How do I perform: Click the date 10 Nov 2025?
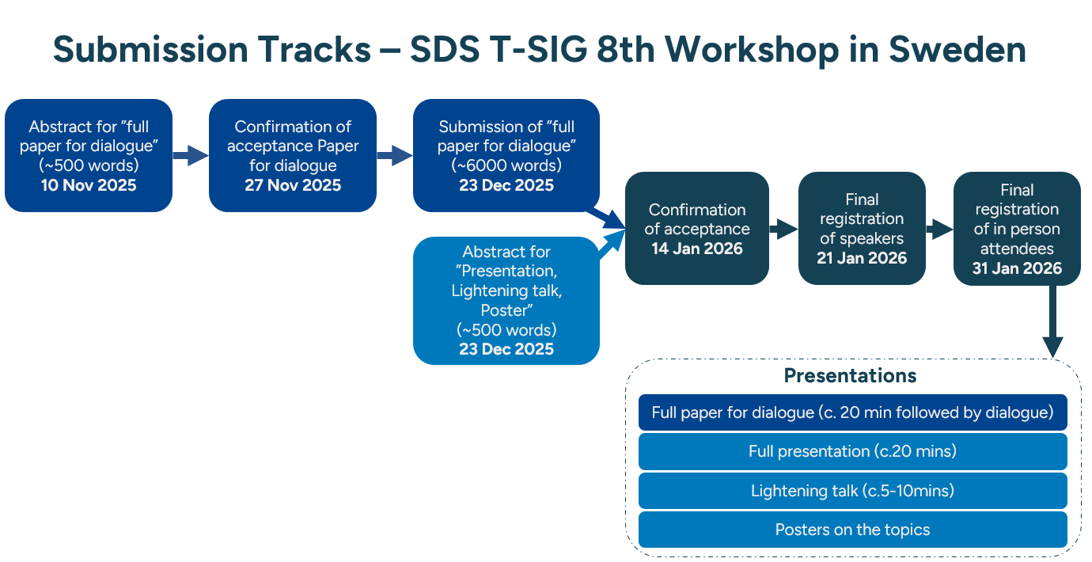[x=89, y=185]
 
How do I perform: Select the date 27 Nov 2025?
[x=293, y=185]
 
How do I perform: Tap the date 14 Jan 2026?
[x=697, y=249]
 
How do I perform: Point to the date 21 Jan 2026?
[x=862, y=258]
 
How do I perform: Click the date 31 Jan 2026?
[x=1017, y=268]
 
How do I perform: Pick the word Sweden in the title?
[x=957, y=50]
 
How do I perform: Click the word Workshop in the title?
[x=752, y=51]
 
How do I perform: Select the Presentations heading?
[x=850, y=376]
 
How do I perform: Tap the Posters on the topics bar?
[x=853, y=530]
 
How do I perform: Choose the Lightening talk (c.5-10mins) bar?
[x=853, y=491]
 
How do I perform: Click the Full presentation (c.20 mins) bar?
[x=853, y=451]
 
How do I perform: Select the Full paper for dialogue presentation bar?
[x=853, y=412]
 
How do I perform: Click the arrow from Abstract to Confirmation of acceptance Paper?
[x=191, y=156]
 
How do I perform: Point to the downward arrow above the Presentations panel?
[x=1053, y=322]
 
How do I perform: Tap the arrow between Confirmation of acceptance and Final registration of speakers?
[x=783, y=229]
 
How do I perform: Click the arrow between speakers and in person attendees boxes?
[x=939, y=229]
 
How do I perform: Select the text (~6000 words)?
[x=506, y=166]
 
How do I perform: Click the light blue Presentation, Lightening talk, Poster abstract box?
[x=506, y=301]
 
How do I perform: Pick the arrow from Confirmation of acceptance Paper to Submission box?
[x=395, y=156]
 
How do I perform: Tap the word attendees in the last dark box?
[x=1017, y=249]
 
